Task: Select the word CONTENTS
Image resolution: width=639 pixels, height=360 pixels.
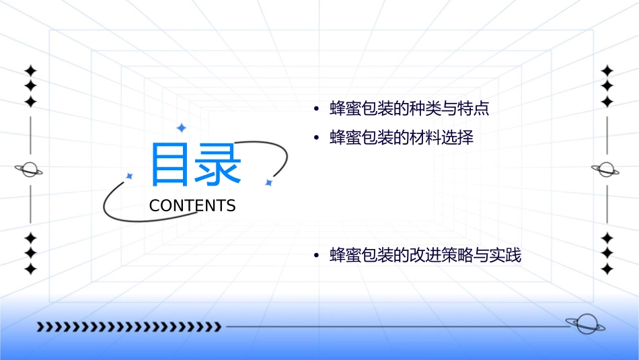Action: point(192,206)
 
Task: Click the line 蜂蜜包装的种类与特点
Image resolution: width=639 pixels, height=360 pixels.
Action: point(409,109)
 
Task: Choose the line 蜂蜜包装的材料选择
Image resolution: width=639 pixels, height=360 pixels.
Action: point(402,139)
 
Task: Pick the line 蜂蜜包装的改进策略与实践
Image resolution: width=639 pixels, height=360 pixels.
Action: point(425,256)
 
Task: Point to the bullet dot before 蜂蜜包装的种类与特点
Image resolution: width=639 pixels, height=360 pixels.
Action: point(315,110)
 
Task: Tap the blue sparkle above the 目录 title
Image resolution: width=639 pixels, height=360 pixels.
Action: point(181,128)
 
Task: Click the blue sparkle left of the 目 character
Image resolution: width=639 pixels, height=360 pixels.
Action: point(130,176)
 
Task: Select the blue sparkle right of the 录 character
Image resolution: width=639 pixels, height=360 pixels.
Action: point(268,182)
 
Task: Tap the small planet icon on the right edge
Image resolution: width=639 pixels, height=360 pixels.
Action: point(607,170)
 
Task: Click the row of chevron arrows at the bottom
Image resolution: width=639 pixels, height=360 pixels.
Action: point(128,327)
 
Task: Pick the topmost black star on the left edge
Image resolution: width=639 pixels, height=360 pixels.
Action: point(30,70)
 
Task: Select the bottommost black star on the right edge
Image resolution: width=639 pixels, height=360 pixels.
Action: point(607,269)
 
